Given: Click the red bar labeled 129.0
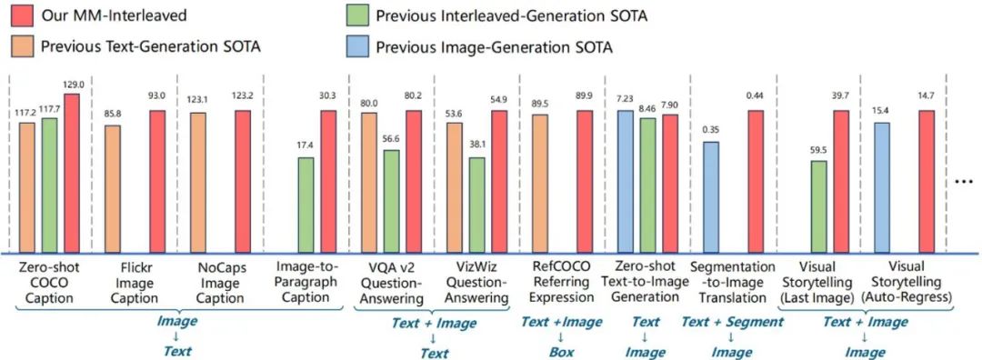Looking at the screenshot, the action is [x=72, y=174].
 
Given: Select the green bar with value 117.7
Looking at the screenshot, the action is [x=49, y=186].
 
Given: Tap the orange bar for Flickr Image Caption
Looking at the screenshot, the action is [x=113, y=190].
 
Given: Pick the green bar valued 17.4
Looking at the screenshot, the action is [x=306, y=206].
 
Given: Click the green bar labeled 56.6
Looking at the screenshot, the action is [x=391, y=202].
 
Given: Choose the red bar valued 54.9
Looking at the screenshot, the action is [x=500, y=182].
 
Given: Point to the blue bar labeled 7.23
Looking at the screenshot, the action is [x=625, y=182].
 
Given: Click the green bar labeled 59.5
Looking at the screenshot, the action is [x=818, y=207].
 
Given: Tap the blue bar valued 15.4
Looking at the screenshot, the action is [x=882, y=188].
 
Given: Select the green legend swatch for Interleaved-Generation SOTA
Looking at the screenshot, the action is [x=357, y=15].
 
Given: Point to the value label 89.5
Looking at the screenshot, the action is [x=540, y=103].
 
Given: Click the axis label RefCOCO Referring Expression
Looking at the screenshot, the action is [x=561, y=283].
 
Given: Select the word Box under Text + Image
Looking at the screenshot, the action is [x=561, y=352].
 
